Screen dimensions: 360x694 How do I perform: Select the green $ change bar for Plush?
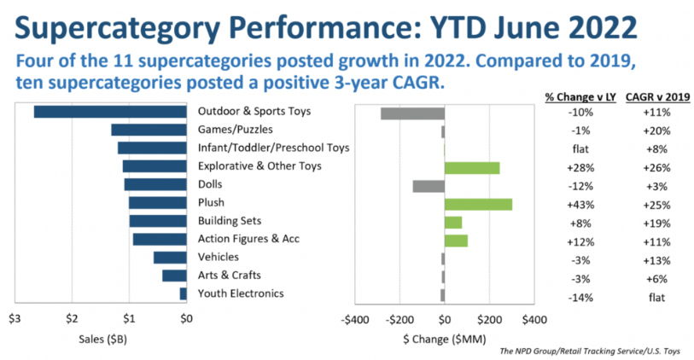pyautogui.click(x=478, y=204)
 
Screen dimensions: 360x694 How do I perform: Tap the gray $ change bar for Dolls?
pyautogui.click(x=429, y=185)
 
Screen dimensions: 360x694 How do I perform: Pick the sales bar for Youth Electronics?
pyautogui.click(x=183, y=294)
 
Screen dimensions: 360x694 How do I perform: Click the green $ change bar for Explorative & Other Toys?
pyautogui.click(x=472, y=167)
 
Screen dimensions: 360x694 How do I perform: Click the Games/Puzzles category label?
pyautogui.click(x=231, y=130)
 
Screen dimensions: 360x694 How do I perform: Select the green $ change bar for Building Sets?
pyautogui.click(x=453, y=222)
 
